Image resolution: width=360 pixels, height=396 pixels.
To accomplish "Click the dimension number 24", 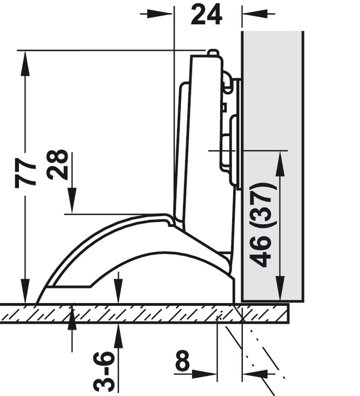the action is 207,15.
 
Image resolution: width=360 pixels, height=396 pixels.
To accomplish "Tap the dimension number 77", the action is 25,173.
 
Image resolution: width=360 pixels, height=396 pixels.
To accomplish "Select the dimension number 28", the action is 58,165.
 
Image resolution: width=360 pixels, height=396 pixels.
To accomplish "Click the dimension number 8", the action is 182,360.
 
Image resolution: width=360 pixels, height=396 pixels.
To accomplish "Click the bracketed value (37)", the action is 262,205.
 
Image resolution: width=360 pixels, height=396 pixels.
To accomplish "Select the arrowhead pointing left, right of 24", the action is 255,14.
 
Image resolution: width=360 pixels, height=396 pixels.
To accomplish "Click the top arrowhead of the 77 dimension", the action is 25,63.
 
